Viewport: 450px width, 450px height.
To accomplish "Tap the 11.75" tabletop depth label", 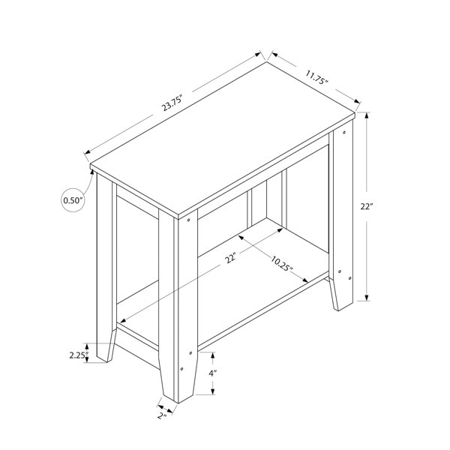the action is (316, 77).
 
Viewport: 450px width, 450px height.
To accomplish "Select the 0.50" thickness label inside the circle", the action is (73, 200).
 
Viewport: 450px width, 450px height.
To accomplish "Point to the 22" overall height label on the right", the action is (367, 206).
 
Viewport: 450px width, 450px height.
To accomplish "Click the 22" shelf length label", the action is (230, 258).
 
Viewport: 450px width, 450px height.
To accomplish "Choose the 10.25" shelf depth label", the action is (282, 264).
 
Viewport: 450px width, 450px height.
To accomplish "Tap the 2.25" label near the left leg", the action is (78, 355).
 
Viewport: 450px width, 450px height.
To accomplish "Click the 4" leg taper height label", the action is (213, 373).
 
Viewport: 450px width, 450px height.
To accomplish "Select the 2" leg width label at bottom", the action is (162, 415).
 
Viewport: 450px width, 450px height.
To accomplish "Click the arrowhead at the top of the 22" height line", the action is (367, 115).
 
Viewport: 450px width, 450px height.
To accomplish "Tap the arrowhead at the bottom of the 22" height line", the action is (367, 298).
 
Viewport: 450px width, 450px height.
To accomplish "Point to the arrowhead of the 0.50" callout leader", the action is (92, 172).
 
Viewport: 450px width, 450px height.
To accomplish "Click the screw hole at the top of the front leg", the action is (188, 220).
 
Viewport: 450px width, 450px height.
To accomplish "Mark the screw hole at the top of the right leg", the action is (344, 132).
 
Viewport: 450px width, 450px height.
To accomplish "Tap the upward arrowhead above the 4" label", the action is (213, 355).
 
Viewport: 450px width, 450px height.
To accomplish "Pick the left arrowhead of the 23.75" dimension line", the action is (88, 152).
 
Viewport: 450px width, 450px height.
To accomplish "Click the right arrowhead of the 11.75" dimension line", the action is (357, 101).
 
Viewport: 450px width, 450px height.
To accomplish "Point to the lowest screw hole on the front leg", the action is (181, 369).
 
